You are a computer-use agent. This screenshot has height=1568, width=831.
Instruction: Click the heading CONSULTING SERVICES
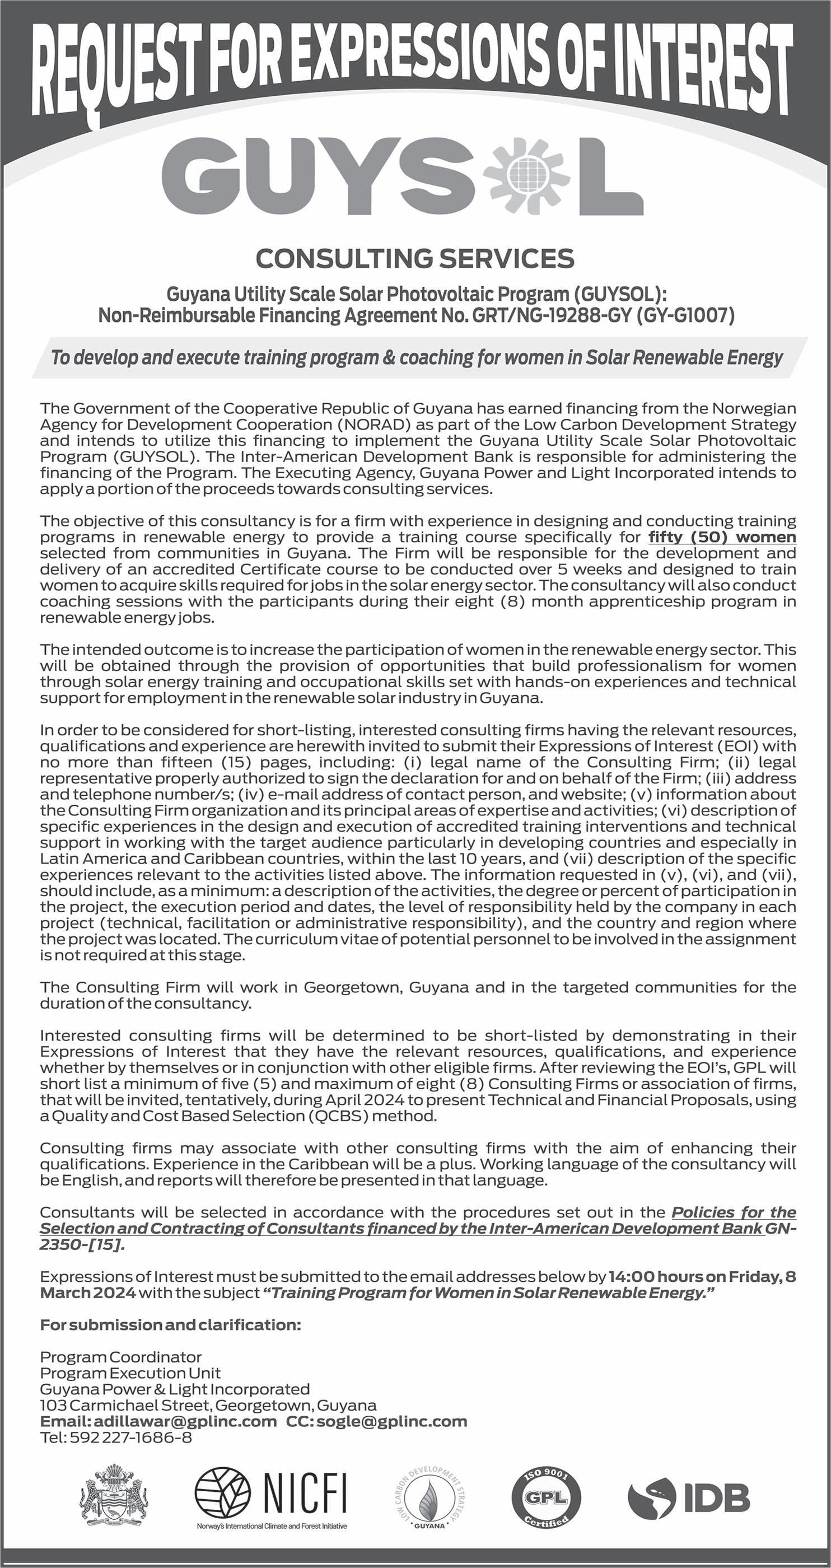click(414, 259)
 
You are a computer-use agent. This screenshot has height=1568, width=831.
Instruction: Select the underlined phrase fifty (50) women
click(722, 537)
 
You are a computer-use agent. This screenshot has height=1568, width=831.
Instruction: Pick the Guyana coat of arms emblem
click(114, 1497)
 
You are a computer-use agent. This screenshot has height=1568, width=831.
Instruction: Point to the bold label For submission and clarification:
click(170, 1324)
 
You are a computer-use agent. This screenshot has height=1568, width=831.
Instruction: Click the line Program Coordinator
click(120, 1357)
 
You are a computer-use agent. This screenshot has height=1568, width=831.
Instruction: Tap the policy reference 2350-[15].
click(82, 1244)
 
